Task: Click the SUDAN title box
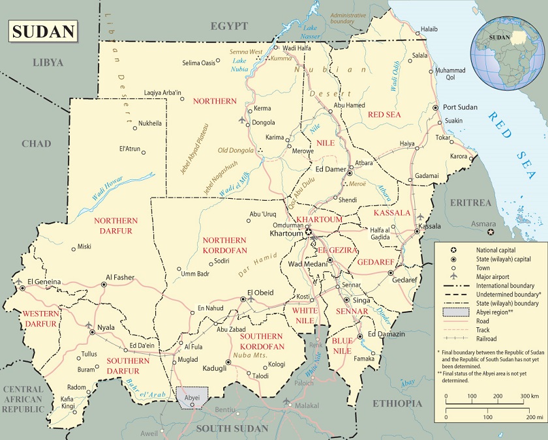(x=43, y=32)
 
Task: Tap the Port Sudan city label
(x=460, y=107)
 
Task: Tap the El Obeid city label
(x=260, y=292)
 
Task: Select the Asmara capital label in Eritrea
(x=484, y=224)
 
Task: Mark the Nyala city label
(x=106, y=327)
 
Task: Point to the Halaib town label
(x=429, y=29)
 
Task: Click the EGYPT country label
(x=229, y=26)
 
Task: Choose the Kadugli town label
(x=215, y=368)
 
